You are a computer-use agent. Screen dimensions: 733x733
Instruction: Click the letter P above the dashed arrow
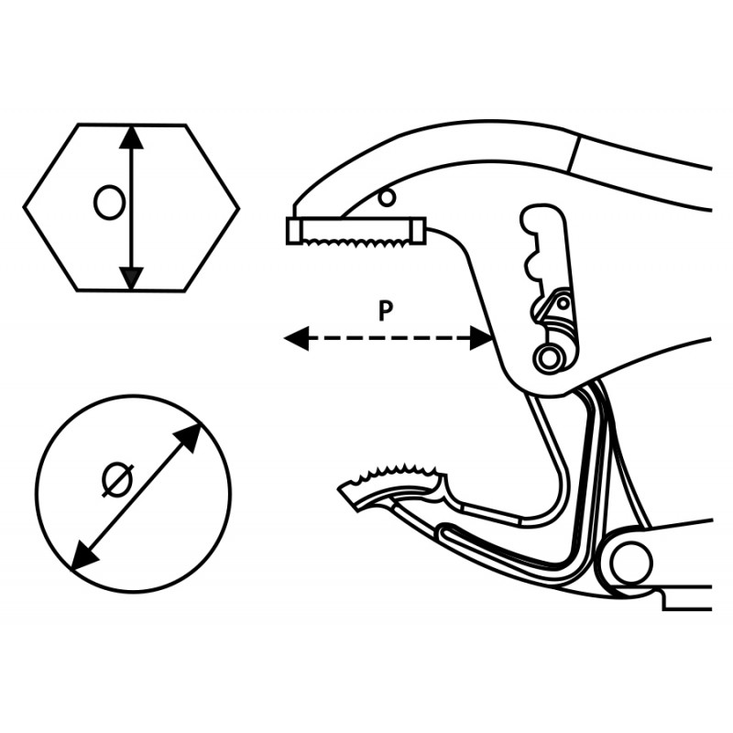[x=386, y=311]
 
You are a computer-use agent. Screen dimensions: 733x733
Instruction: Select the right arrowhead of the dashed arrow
[x=483, y=339]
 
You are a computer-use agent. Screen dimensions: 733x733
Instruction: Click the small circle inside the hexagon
[x=109, y=202]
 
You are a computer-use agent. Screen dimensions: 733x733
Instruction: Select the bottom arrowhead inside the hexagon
[x=132, y=277]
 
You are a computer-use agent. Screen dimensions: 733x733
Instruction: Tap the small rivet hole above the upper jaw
[x=387, y=196]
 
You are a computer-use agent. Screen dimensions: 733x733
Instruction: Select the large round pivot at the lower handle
[x=630, y=563]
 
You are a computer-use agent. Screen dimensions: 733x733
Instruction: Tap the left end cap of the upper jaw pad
[x=293, y=231]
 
